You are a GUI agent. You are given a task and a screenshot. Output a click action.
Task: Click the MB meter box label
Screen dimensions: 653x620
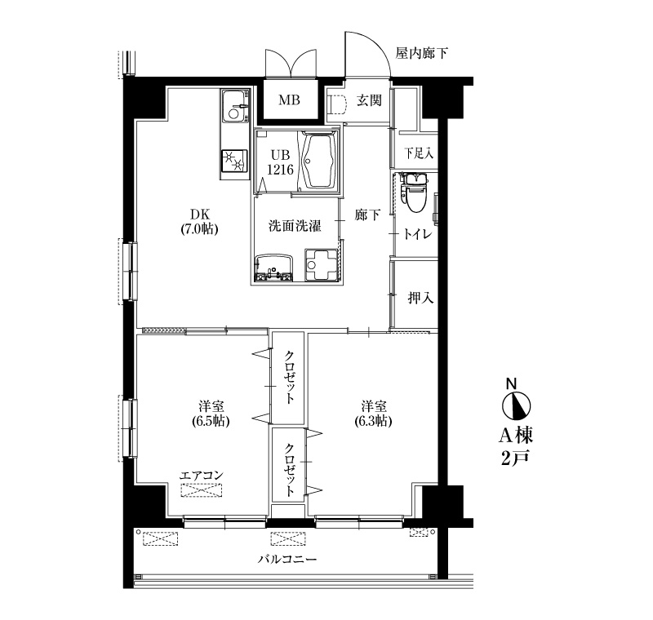(x=289, y=100)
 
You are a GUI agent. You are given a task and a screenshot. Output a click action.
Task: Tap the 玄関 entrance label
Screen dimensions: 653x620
(x=369, y=100)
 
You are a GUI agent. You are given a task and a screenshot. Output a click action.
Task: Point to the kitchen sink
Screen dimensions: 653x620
(x=235, y=107)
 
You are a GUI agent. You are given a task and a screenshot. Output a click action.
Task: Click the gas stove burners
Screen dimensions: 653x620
(x=233, y=161)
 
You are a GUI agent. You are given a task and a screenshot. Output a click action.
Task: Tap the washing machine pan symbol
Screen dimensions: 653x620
(x=321, y=265)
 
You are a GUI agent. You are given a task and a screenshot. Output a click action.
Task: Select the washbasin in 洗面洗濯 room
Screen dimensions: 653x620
(x=274, y=269)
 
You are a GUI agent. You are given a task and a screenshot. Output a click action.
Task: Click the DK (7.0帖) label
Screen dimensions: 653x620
(x=199, y=222)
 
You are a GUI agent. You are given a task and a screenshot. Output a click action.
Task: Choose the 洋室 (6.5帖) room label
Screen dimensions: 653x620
(x=211, y=414)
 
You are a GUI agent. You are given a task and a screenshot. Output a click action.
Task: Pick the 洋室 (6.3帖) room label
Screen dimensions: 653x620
(x=373, y=414)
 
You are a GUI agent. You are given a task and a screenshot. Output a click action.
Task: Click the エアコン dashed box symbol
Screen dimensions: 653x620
(x=202, y=490)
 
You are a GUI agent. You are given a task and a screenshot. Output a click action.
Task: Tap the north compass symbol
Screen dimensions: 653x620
(x=516, y=405)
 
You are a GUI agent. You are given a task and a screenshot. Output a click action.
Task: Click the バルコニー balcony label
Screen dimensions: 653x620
(x=287, y=559)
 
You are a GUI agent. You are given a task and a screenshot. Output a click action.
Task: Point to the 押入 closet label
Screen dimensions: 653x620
(x=420, y=298)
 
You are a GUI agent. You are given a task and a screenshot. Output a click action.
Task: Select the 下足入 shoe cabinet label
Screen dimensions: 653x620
(x=419, y=153)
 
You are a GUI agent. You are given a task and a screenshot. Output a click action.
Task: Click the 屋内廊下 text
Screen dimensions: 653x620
(x=421, y=54)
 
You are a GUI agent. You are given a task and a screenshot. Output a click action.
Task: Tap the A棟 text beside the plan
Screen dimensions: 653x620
(x=516, y=436)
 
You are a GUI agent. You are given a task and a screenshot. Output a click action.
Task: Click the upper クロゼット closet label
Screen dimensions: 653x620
(x=290, y=378)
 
